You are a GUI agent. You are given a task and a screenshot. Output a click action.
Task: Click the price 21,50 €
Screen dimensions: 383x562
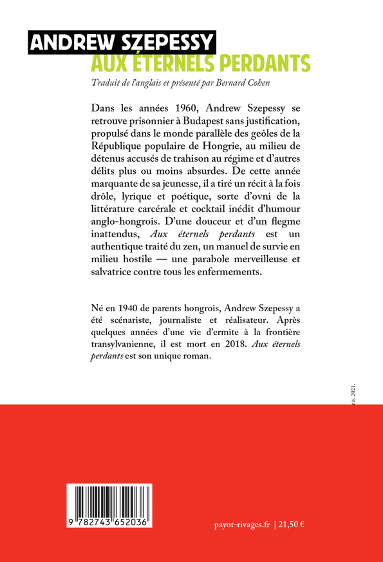pos(292,525)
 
